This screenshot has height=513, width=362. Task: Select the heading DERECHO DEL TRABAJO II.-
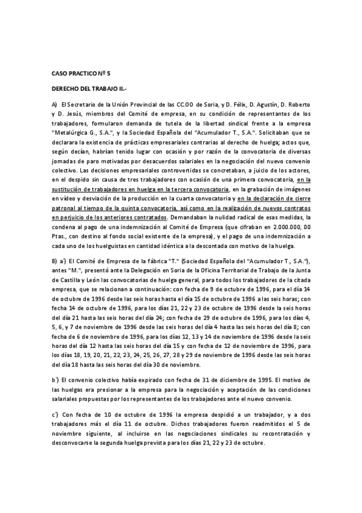click(85, 88)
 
